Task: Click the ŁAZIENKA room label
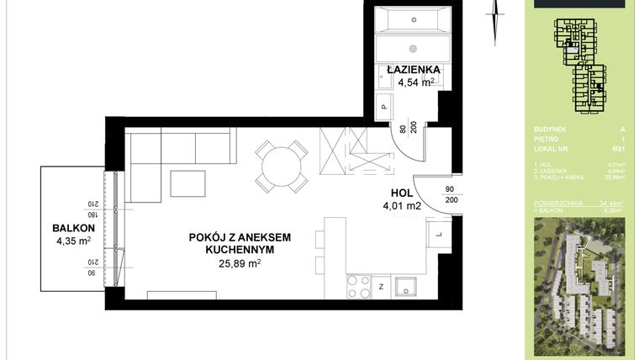(x=410, y=69)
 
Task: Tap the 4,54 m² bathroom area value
(x=410, y=82)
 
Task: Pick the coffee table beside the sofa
(x=187, y=183)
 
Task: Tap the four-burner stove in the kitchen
(x=358, y=287)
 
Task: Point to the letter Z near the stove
(x=381, y=287)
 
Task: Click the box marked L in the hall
(x=438, y=233)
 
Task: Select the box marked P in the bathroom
(x=383, y=106)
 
